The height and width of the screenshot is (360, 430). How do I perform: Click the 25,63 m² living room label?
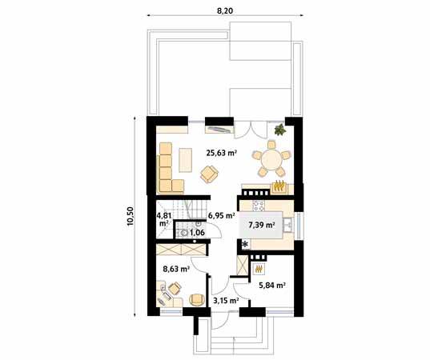click(x=221, y=152)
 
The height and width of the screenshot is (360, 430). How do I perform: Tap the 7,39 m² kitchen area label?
click(x=261, y=226)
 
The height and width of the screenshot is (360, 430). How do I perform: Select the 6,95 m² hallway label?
click(x=220, y=215)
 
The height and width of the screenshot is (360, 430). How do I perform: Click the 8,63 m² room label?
click(x=175, y=270)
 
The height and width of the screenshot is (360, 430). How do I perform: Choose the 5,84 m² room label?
click(x=271, y=284)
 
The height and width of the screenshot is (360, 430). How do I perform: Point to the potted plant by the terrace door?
click(x=279, y=129)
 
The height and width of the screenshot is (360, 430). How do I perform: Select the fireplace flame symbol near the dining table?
click(x=279, y=187)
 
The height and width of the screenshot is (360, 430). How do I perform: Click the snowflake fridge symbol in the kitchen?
click(x=245, y=243)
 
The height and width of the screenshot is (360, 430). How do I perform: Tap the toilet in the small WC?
click(x=185, y=233)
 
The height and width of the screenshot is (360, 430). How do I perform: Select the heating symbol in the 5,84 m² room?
click(x=258, y=270)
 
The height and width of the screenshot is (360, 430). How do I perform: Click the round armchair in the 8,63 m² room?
click(x=196, y=299)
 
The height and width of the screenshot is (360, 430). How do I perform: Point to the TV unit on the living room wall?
click(x=219, y=128)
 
